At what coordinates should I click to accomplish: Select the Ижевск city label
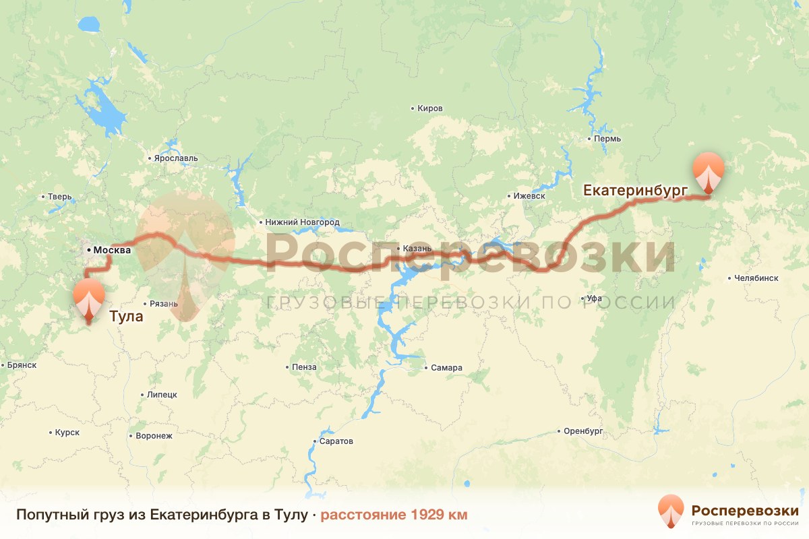tap(529, 196)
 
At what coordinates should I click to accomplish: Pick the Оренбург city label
tap(582, 431)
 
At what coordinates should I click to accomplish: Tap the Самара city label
tap(446, 368)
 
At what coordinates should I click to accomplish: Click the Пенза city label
tap(304, 368)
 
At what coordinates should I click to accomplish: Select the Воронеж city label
tap(154, 436)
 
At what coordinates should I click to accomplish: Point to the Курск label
tap(67, 433)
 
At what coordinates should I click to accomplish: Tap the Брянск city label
tap(22, 365)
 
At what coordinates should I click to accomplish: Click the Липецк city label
tap(161, 395)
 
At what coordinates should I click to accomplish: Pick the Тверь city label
tap(59, 197)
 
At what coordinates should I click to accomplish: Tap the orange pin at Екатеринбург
tap(708, 171)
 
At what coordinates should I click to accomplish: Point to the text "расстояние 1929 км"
tap(394, 515)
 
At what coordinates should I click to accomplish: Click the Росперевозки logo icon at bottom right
tap(671, 511)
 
